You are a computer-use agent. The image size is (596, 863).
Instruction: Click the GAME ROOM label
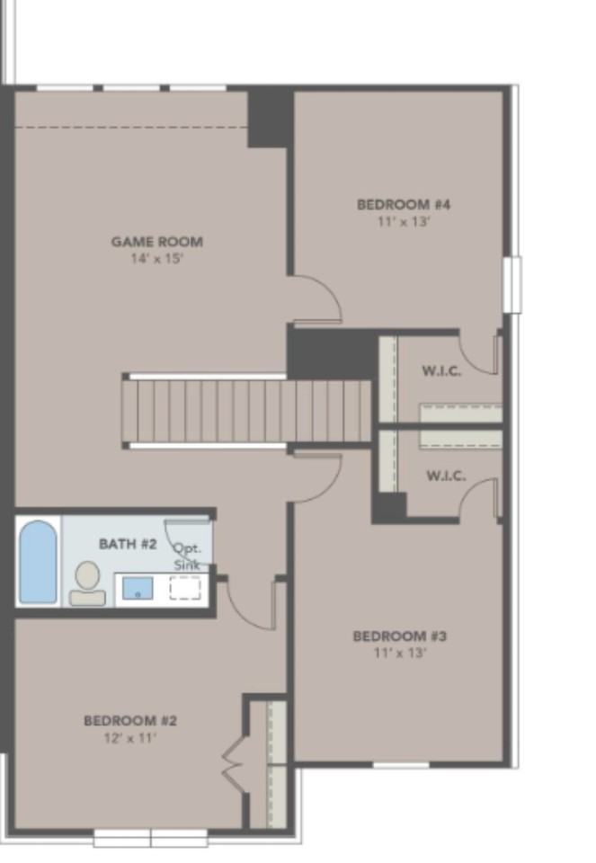point(156,241)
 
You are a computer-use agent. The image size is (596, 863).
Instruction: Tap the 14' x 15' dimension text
point(156,259)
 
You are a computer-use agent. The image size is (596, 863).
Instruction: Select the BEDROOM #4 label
point(404,204)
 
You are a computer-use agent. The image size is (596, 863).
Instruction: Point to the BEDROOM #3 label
point(400,636)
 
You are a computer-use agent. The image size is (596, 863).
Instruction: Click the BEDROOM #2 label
point(130,720)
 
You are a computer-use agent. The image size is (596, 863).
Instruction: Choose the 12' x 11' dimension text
point(130,738)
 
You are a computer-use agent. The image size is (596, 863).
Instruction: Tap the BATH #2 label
point(128,544)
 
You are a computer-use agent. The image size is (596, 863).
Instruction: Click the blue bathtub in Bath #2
point(38,562)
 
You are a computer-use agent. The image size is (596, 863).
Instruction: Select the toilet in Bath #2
point(87,582)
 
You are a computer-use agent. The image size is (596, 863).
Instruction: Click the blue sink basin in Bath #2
point(138,589)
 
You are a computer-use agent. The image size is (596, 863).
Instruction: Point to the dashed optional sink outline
point(185,589)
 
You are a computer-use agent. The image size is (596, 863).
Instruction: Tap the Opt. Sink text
point(189,556)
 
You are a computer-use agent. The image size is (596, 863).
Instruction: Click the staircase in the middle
point(247,410)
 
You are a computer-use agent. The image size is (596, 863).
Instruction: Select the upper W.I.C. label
point(441,371)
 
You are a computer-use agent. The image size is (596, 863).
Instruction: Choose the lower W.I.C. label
point(446,476)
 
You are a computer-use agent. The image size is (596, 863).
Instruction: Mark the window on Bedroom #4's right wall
point(511,284)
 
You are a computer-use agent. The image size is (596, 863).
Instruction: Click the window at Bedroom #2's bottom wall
point(150,838)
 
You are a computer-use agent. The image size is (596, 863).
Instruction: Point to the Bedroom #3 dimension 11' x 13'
point(400,654)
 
